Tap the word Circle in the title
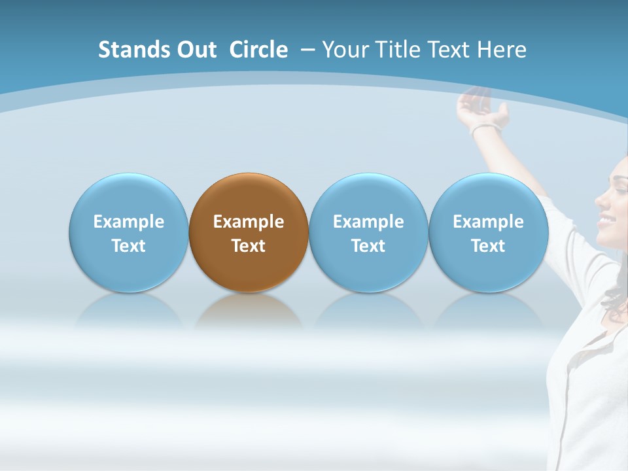click(258, 50)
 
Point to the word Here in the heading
click(502, 50)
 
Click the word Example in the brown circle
click(249, 222)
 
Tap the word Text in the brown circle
click(249, 246)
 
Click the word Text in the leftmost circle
click(129, 246)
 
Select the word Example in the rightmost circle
click(488, 222)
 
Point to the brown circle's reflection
click(249, 311)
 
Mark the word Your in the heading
click(346, 50)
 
